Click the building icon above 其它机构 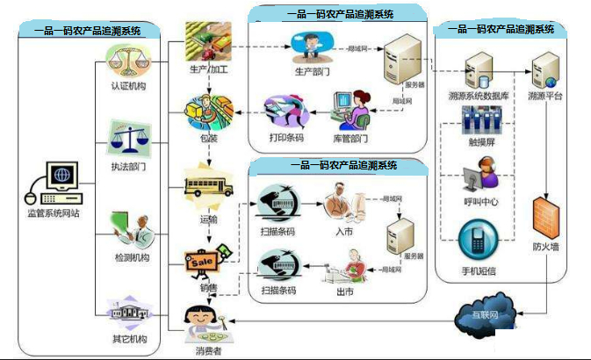(128, 312)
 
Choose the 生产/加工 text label (209, 71)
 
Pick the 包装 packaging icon (208, 114)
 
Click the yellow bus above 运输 (208, 187)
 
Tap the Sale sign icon (205, 262)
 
